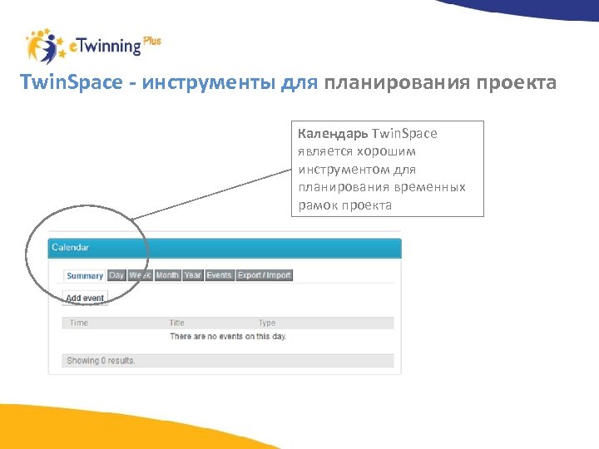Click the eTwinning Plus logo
pyautogui.click(x=92, y=47)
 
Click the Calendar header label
pyautogui.click(x=71, y=247)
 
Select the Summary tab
pyautogui.click(x=85, y=275)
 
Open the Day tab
pyautogui.click(x=116, y=275)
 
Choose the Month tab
pyautogui.click(x=167, y=275)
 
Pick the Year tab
pyautogui.click(x=193, y=275)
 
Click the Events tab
pyautogui.click(x=220, y=275)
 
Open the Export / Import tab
pyautogui.click(x=264, y=275)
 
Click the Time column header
pyautogui.click(x=79, y=323)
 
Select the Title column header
pyautogui.click(x=177, y=323)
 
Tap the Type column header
pyautogui.click(x=266, y=323)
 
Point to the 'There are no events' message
pyautogui.click(x=227, y=336)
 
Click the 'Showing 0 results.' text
pyautogui.click(x=101, y=361)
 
